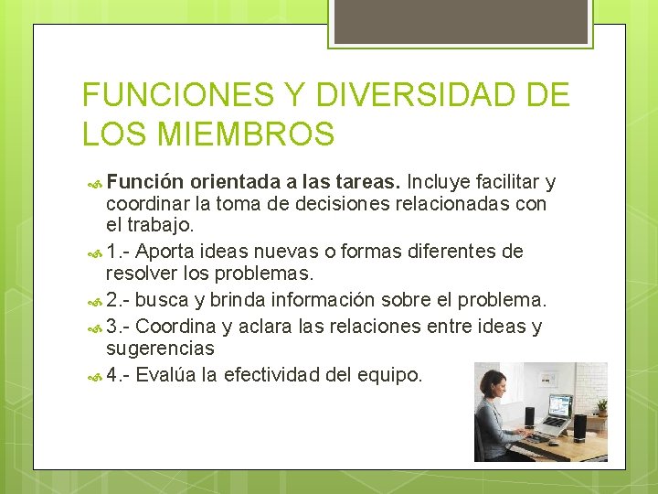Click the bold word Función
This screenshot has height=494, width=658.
coord(148,182)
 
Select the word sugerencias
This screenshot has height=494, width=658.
coord(160,349)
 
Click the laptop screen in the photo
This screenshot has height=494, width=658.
coord(557,406)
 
